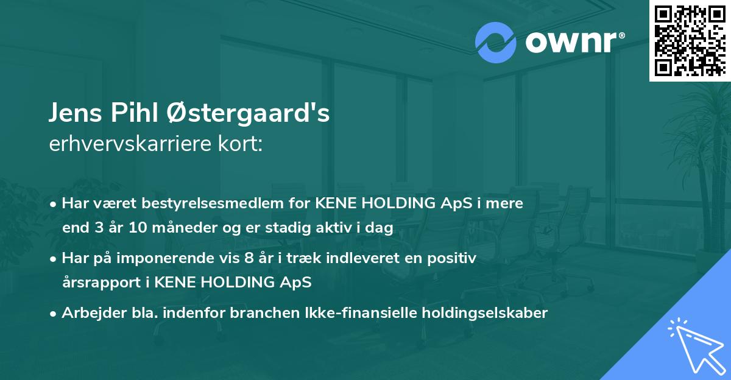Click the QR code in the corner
click(690, 40)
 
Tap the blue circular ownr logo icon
click(495, 42)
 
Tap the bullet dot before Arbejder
click(54, 314)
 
